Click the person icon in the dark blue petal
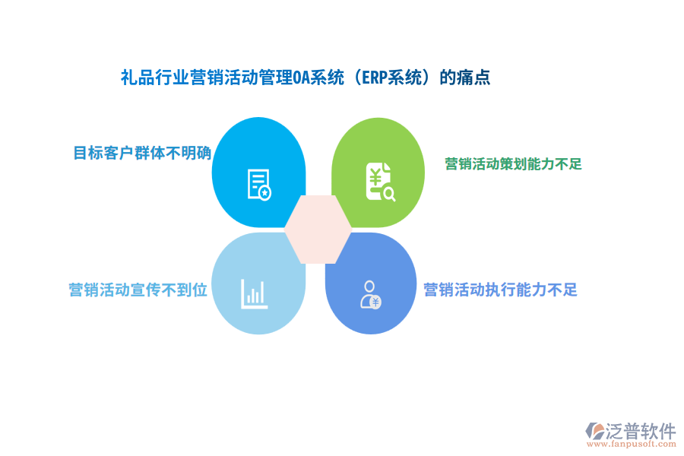[370, 294]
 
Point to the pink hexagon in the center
[318, 229]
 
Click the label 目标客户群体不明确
[141, 153]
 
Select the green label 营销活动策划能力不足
[513, 163]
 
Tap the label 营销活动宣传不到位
[138, 290]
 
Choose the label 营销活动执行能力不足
[500, 290]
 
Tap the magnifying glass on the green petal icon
[389, 195]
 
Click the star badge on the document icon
[264, 194]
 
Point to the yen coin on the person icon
[375, 302]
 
